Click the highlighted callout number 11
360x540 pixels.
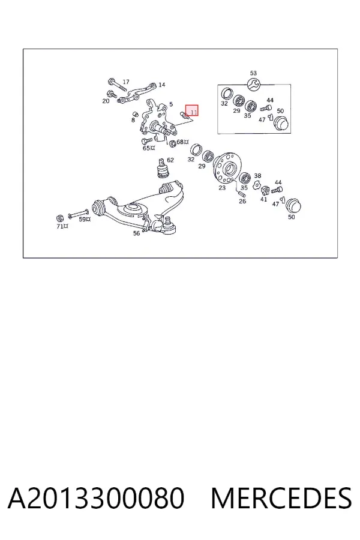click(x=194, y=112)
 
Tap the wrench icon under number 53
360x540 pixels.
click(x=254, y=83)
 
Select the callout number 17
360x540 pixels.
click(x=126, y=82)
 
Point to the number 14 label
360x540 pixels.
click(x=161, y=85)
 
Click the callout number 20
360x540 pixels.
click(x=106, y=101)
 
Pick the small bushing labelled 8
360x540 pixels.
click(x=136, y=114)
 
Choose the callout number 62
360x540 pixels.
click(x=170, y=160)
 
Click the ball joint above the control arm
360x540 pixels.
click(x=162, y=169)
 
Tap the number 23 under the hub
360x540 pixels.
click(x=222, y=188)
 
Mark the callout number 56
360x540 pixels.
click(x=136, y=233)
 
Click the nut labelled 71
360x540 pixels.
click(x=59, y=218)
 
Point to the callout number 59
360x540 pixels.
click(x=82, y=219)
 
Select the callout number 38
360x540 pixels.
click(x=257, y=176)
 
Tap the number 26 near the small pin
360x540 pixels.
click(x=242, y=201)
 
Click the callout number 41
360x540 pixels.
click(x=263, y=199)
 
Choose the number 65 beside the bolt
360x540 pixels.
click(x=146, y=148)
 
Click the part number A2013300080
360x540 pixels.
click(x=96, y=498)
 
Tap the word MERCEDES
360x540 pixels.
click(x=281, y=498)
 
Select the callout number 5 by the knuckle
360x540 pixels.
click(x=171, y=104)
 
